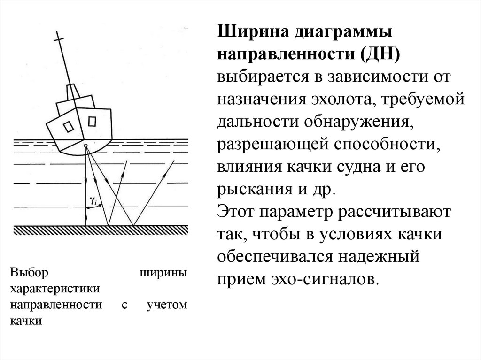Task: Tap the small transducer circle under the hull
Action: [x=85, y=146]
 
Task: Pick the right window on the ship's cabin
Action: [x=92, y=121]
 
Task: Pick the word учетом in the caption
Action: [x=167, y=305]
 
